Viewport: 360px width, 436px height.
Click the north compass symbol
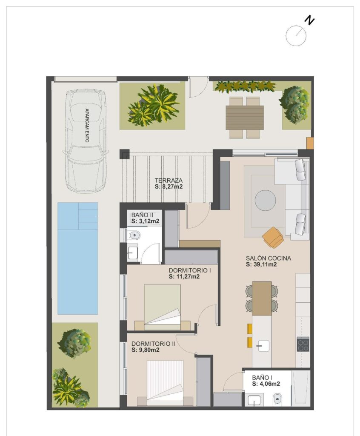coord(296,35)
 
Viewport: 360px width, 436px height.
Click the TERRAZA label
coord(169,180)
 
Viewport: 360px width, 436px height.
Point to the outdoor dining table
coord(245,117)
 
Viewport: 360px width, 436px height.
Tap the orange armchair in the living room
coord(273,237)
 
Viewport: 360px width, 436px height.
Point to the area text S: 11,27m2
coord(184,276)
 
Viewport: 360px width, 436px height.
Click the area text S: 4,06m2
coord(266,384)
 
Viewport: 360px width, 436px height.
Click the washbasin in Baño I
coord(254,400)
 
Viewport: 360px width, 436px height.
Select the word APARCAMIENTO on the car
coord(87,125)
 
